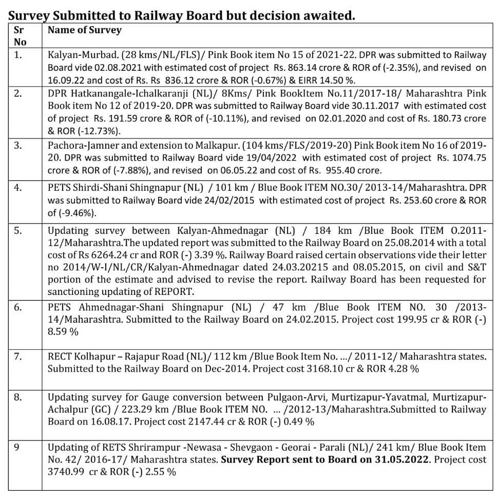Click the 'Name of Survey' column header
(x=85, y=30)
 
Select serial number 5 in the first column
(x=18, y=231)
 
